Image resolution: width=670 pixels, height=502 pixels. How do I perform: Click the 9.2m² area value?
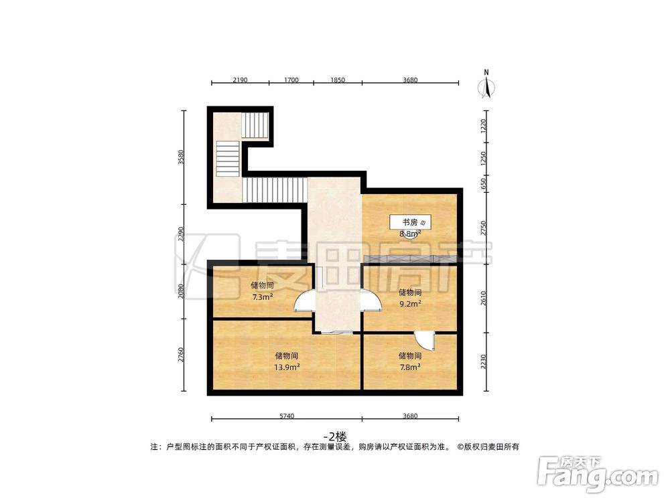click(410, 303)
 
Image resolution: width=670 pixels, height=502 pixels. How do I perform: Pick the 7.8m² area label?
click(409, 367)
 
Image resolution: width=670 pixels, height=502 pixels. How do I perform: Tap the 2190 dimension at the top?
click(241, 80)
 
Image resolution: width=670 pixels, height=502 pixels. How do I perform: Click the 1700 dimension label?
click(291, 80)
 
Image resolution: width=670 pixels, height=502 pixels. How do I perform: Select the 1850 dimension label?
click(337, 80)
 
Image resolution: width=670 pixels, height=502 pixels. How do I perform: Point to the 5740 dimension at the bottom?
click(286, 416)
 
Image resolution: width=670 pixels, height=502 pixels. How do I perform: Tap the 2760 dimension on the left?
click(181, 355)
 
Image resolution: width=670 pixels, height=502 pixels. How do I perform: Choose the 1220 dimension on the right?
click(484, 127)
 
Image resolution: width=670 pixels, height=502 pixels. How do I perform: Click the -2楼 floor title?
click(334, 434)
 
